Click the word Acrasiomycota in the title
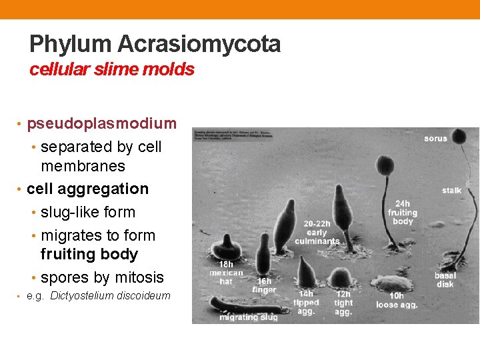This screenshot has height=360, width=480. point(199,45)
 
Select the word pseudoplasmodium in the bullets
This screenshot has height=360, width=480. point(101,123)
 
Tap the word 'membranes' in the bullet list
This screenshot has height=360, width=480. point(83,165)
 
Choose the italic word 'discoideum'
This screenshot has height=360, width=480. point(140,296)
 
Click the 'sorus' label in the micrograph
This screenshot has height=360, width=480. point(436,139)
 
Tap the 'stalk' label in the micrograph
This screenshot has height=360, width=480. point(451,191)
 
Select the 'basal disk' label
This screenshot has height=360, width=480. point(445,280)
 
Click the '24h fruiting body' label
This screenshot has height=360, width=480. point(403,213)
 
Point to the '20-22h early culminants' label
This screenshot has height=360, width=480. point(317,232)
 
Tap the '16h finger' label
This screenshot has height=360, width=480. point(264,285)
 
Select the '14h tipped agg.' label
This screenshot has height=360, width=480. point(306,303)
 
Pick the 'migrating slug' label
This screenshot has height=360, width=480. point(249,317)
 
